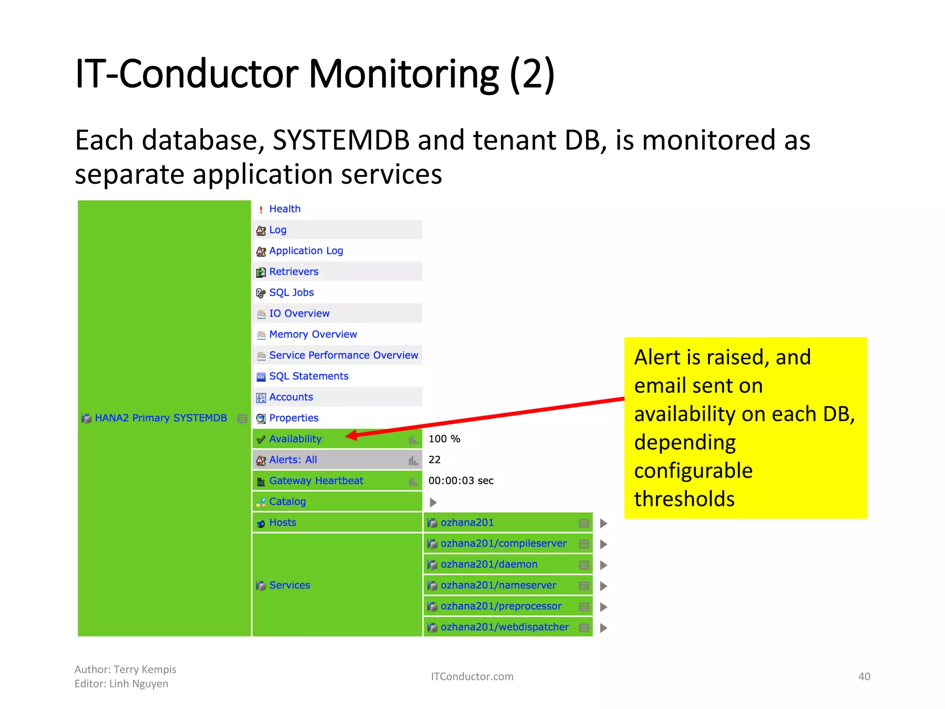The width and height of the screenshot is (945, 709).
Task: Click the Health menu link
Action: [x=284, y=209]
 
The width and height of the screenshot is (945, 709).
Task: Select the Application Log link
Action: [x=306, y=251]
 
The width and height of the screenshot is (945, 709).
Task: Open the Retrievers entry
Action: [x=293, y=272]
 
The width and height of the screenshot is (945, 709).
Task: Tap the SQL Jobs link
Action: [x=291, y=293]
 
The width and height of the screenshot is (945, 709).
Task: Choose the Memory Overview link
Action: [x=313, y=334]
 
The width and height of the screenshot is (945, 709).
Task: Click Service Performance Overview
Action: [x=343, y=355]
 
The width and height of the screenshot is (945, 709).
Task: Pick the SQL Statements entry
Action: [x=309, y=376]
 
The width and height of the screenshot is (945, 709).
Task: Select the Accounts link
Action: [x=291, y=397]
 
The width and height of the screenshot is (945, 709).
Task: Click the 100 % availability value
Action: [x=444, y=439]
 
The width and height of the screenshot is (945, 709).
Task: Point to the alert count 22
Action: [x=434, y=460]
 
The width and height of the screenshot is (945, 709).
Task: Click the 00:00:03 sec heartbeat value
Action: [x=461, y=481]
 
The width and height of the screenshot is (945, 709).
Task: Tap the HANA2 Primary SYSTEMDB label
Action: [x=161, y=418]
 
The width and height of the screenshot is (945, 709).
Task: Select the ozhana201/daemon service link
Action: [x=489, y=565]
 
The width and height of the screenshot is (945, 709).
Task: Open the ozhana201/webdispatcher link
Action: [x=504, y=627]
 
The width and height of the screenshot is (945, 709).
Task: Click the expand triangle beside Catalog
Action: [x=433, y=502]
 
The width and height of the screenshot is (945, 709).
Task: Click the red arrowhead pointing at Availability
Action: [x=351, y=435]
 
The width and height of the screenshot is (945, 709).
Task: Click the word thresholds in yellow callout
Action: [x=684, y=499]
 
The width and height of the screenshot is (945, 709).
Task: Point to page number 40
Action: [x=864, y=677]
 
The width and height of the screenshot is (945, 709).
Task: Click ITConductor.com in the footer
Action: [x=472, y=677]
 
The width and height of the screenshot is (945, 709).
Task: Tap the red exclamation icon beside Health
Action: [x=261, y=210]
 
